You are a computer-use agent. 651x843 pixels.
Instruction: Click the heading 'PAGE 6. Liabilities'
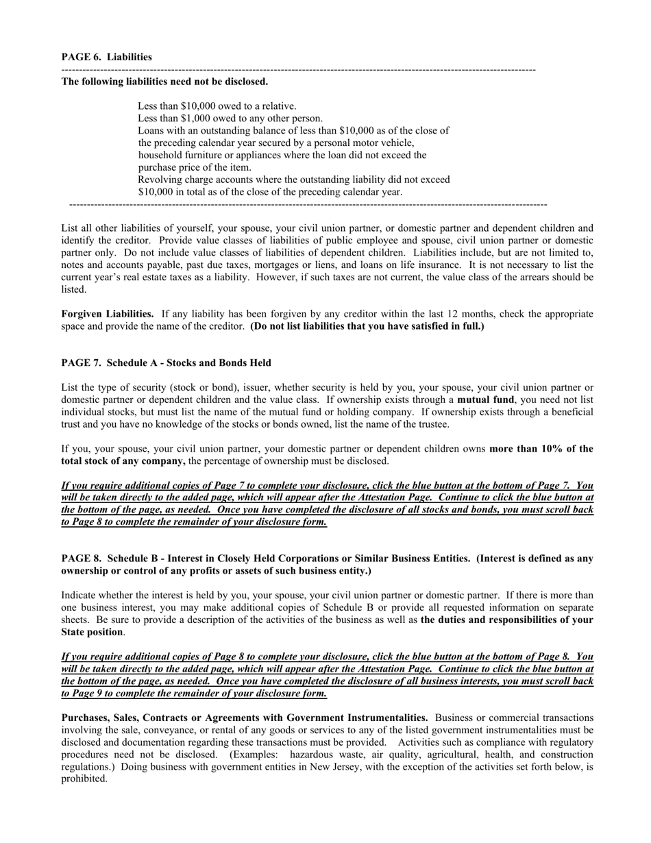click(107, 57)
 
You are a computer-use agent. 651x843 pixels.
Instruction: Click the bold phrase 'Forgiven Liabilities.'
click(108, 314)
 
